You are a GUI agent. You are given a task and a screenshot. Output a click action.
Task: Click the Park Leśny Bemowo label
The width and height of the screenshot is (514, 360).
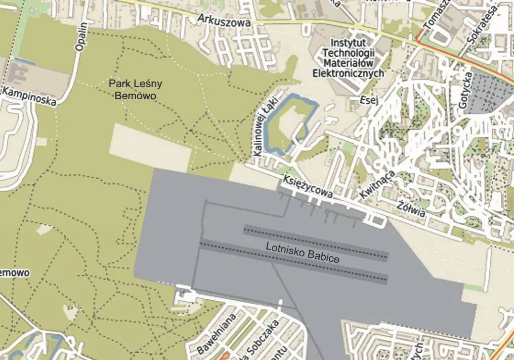pos(135,90)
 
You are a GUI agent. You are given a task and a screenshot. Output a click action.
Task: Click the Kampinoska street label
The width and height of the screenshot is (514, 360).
pos(29,96)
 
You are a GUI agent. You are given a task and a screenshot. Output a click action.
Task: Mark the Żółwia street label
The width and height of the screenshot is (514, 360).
pos(411,210)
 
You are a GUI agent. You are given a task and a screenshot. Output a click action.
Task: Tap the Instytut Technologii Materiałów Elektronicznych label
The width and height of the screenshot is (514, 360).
pos(349,57)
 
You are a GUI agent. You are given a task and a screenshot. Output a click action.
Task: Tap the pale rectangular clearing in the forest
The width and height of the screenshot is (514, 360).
pos(150,147)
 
